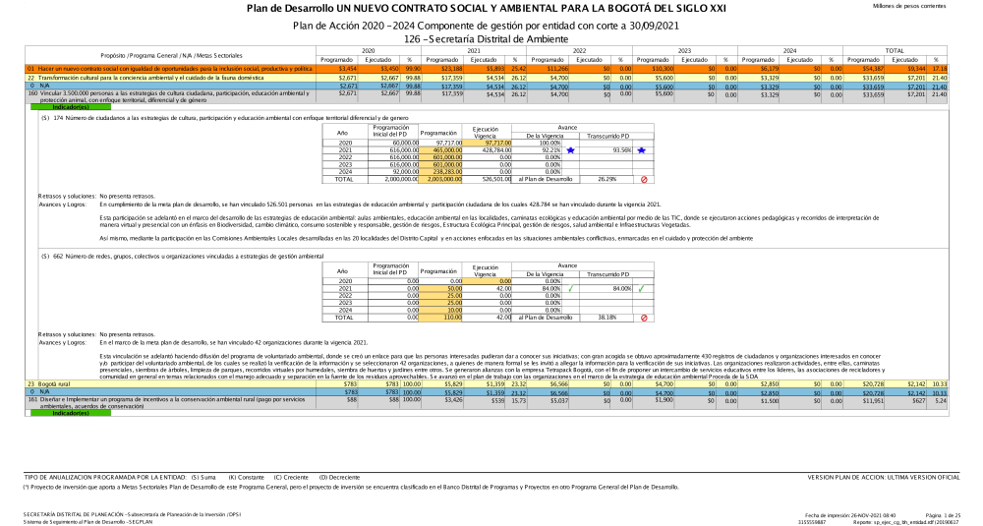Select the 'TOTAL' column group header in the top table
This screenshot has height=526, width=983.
click(x=896, y=49)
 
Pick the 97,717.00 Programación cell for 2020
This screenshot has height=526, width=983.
click(x=440, y=144)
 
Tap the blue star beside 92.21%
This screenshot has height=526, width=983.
click(x=570, y=150)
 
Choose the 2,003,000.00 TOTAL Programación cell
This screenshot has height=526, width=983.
click(x=440, y=180)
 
